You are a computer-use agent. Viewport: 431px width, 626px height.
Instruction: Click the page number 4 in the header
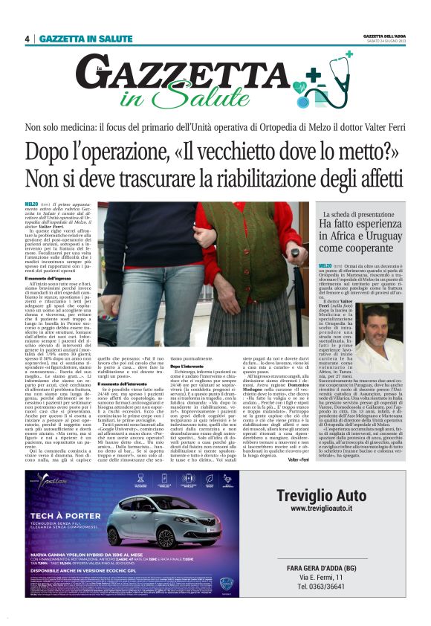27,38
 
